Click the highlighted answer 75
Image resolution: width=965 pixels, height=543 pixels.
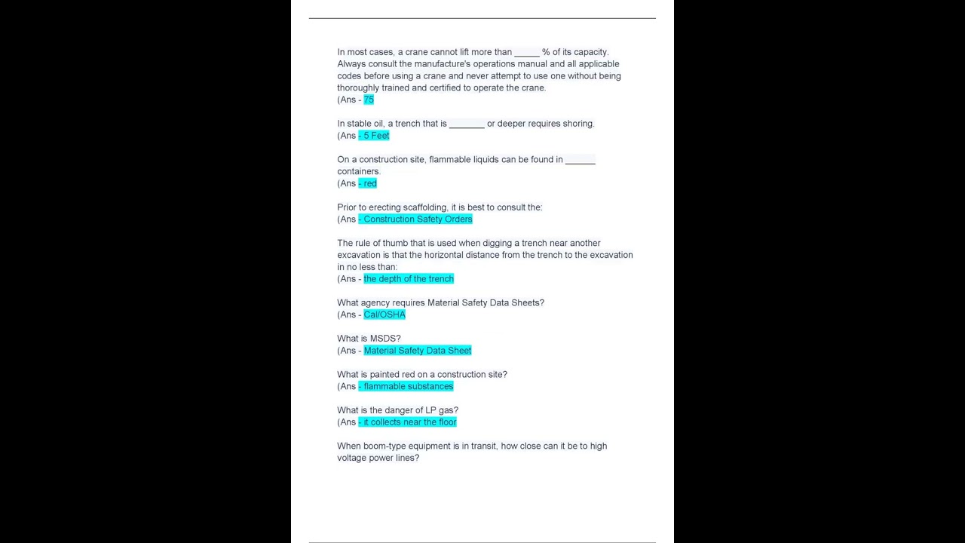pyautogui.click(x=369, y=100)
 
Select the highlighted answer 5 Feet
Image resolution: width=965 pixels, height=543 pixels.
pyautogui.click(x=375, y=136)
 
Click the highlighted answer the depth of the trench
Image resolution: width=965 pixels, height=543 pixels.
pyautogui.click(x=409, y=279)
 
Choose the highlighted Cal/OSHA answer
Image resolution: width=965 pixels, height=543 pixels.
pyautogui.click(x=384, y=314)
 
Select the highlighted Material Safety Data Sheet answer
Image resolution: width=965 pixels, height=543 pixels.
pyautogui.click(x=418, y=351)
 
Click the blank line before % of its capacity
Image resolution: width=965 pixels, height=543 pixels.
pyautogui.click(x=527, y=54)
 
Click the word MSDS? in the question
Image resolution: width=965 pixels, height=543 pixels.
pyautogui.click(x=385, y=339)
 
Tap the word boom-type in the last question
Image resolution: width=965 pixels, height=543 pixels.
pyautogui.click(x=384, y=446)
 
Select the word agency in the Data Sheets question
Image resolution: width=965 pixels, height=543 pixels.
pyautogui.click(x=375, y=303)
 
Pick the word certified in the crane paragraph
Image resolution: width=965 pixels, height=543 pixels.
pyautogui.click(x=445, y=88)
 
